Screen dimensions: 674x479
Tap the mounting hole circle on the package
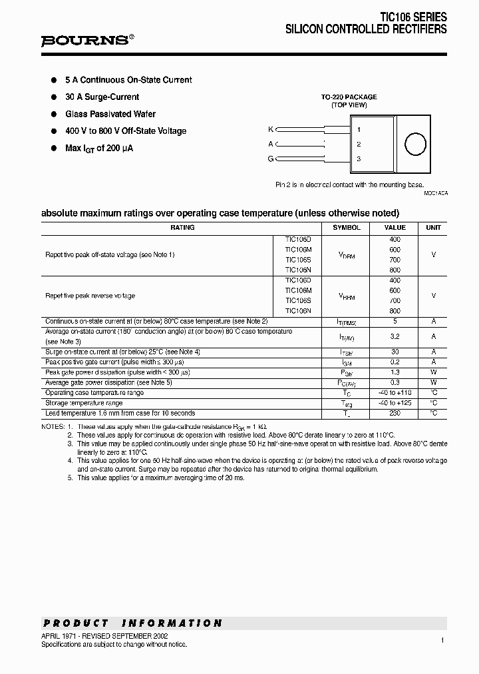pos(414,144)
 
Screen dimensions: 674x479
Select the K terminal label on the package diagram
pos(270,129)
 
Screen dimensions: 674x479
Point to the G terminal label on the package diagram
pos(270,159)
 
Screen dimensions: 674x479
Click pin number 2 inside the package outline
pos(359,144)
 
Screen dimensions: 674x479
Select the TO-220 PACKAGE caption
pos(349,97)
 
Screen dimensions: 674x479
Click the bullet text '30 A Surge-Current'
pos(102,97)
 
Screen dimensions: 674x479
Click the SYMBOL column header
pos(347,228)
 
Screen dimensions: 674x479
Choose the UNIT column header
pos(433,228)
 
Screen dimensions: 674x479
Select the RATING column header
pos(182,228)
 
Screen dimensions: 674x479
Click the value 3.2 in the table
pos(395,337)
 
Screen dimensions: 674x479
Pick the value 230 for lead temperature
pos(395,413)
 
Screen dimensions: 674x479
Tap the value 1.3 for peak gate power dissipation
pos(395,372)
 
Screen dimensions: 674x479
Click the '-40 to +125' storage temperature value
pos(395,403)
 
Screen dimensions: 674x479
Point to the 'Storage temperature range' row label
pos(84,403)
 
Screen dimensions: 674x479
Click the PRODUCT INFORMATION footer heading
pos(132,623)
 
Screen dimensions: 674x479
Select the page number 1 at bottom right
pos(442,640)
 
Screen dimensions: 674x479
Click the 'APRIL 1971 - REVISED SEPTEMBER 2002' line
pos(104,636)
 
